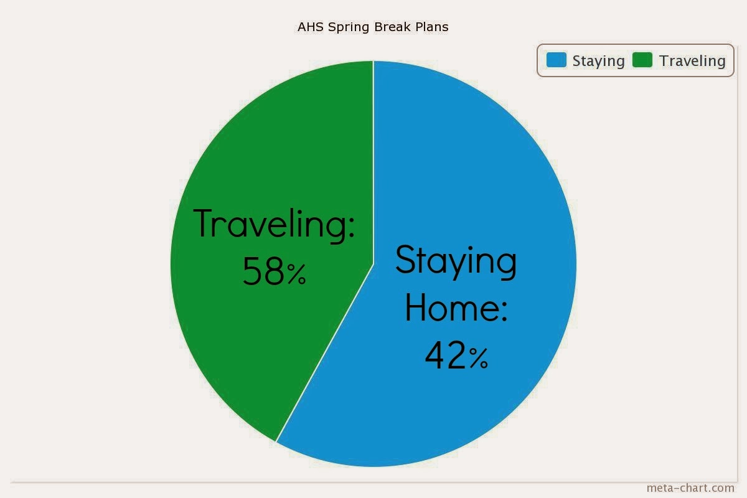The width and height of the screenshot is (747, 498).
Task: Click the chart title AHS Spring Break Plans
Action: coord(373,27)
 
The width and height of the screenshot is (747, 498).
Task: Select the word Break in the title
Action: coord(393,27)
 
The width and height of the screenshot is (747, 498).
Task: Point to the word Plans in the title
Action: coord(433,27)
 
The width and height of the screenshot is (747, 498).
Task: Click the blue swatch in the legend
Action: coord(557,60)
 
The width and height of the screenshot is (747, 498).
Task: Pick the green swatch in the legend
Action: coord(642,60)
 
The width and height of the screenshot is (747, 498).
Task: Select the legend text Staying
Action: coord(598,61)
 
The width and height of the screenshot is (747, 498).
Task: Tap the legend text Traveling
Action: coord(692,61)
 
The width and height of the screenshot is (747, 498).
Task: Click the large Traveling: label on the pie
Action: coord(274,224)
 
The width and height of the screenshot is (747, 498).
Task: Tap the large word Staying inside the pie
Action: coord(456,260)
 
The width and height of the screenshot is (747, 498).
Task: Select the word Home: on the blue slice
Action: coord(456,308)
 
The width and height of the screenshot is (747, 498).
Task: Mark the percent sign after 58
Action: coord(296,275)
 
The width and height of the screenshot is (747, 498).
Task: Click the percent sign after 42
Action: coord(478,359)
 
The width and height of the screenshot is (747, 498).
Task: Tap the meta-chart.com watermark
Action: coord(690,488)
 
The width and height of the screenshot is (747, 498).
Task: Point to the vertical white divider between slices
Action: coord(373,162)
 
